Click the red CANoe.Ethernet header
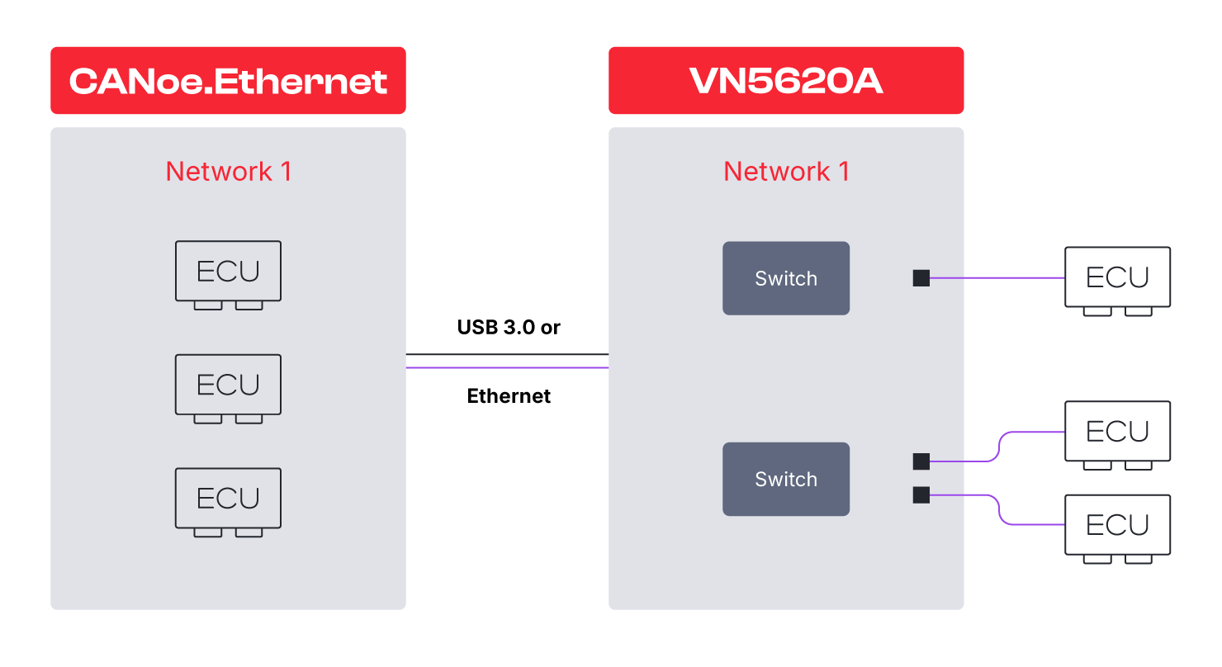click(228, 81)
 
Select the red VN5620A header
click(786, 81)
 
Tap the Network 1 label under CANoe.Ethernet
click(229, 172)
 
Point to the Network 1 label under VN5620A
click(786, 172)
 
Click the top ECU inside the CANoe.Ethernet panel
click(228, 274)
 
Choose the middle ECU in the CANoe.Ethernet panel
click(228, 388)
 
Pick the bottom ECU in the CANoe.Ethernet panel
click(228, 501)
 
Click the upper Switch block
click(786, 278)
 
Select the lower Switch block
click(786, 479)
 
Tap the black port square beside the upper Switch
click(921, 278)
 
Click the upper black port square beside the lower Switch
click(921, 461)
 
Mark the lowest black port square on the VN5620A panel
click(921, 495)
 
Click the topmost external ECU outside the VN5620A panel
click(1117, 281)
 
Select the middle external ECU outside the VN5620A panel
click(1117, 435)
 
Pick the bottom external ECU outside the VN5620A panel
click(1117, 528)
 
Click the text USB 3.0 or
click(509, 327)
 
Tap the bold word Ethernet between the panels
click(509, 396)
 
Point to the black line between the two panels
click(507, 354)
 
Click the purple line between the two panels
click(507, 367)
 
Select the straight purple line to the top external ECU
click(997, 278)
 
